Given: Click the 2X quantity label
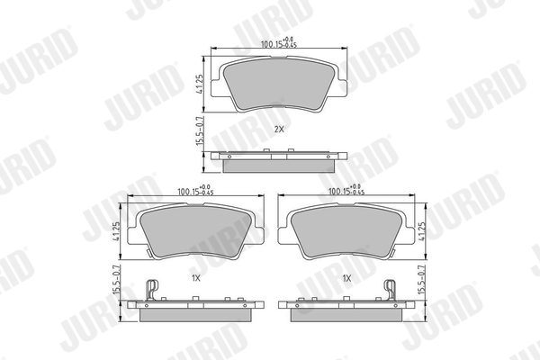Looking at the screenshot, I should [x=279, y=130].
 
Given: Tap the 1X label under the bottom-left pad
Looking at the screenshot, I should [x=195, y=279].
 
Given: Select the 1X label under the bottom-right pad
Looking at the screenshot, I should [x=346, y=279].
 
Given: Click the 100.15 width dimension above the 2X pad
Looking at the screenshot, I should [x=273, y=42].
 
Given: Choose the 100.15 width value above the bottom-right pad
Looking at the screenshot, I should [x=346, y=191].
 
